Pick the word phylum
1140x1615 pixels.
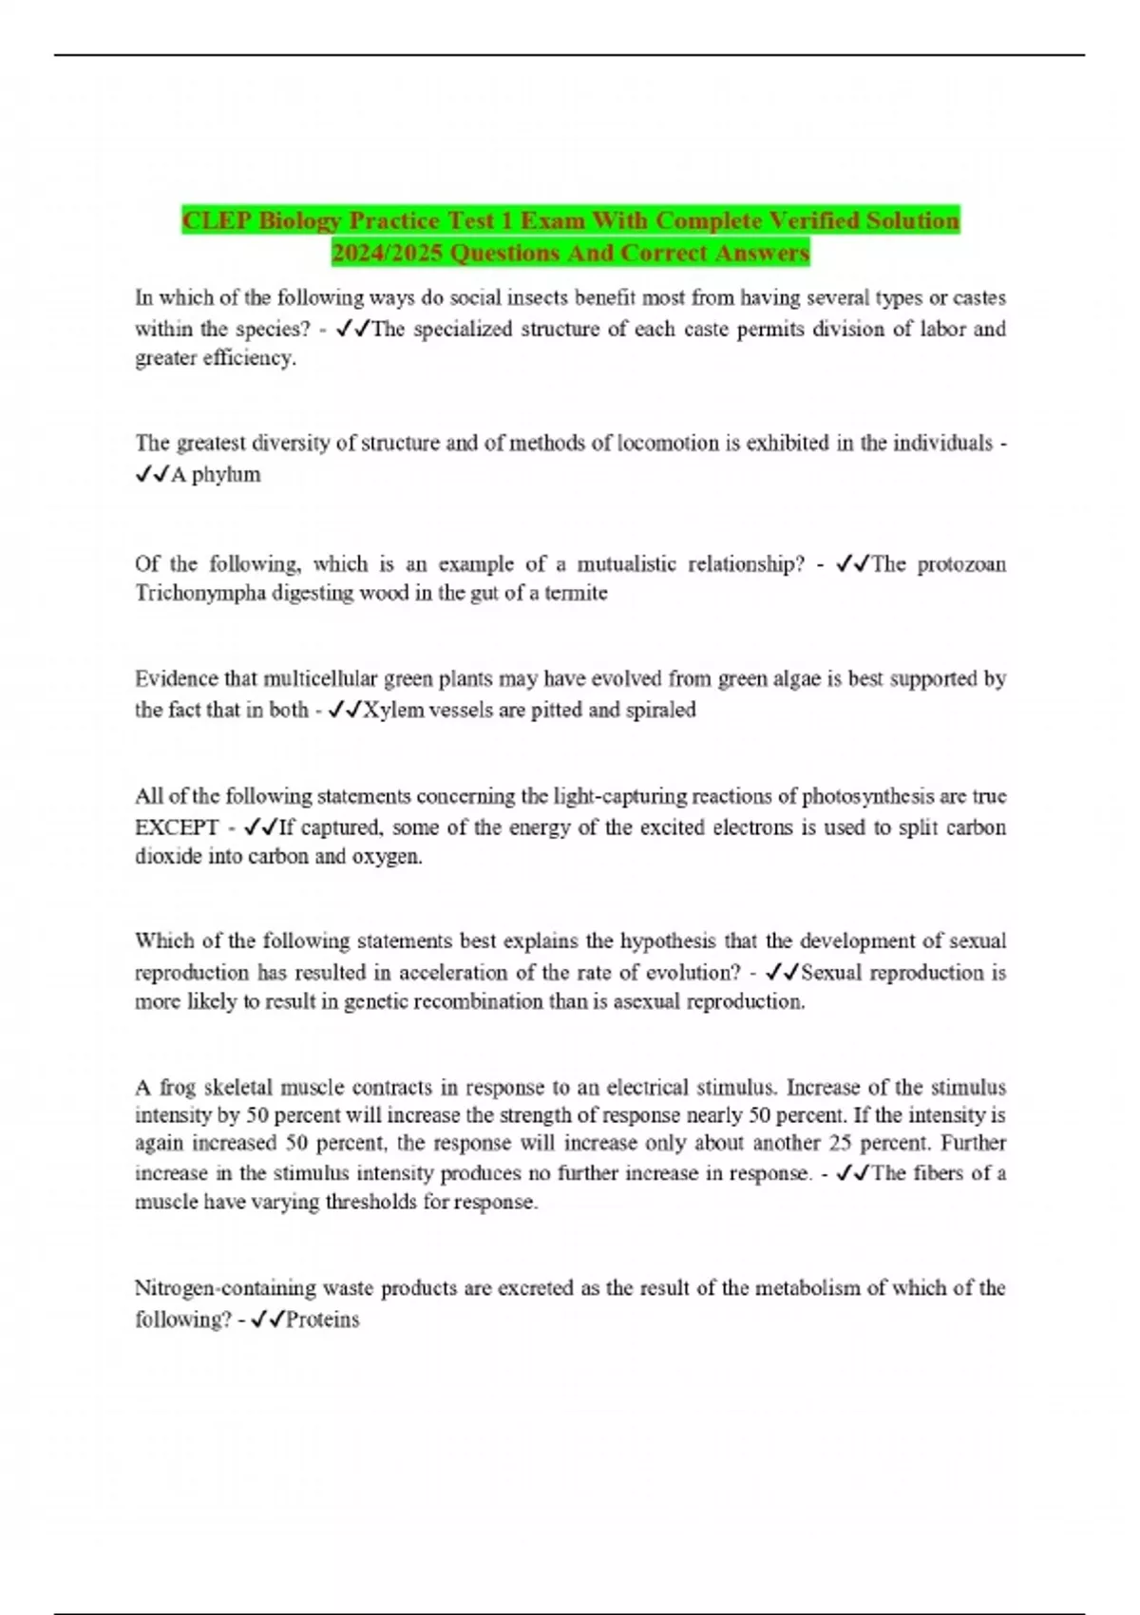pyautogui.click(x=226, y=475)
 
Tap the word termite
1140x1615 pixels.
pyautogui.click(x=576, y=594)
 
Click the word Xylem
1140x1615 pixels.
pyautogui.click(x=394, y=711)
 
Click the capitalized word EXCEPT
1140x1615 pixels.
pyautogui.click(x=177, y=827)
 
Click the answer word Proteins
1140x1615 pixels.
pyautogui.click(x=323, y=1320)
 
